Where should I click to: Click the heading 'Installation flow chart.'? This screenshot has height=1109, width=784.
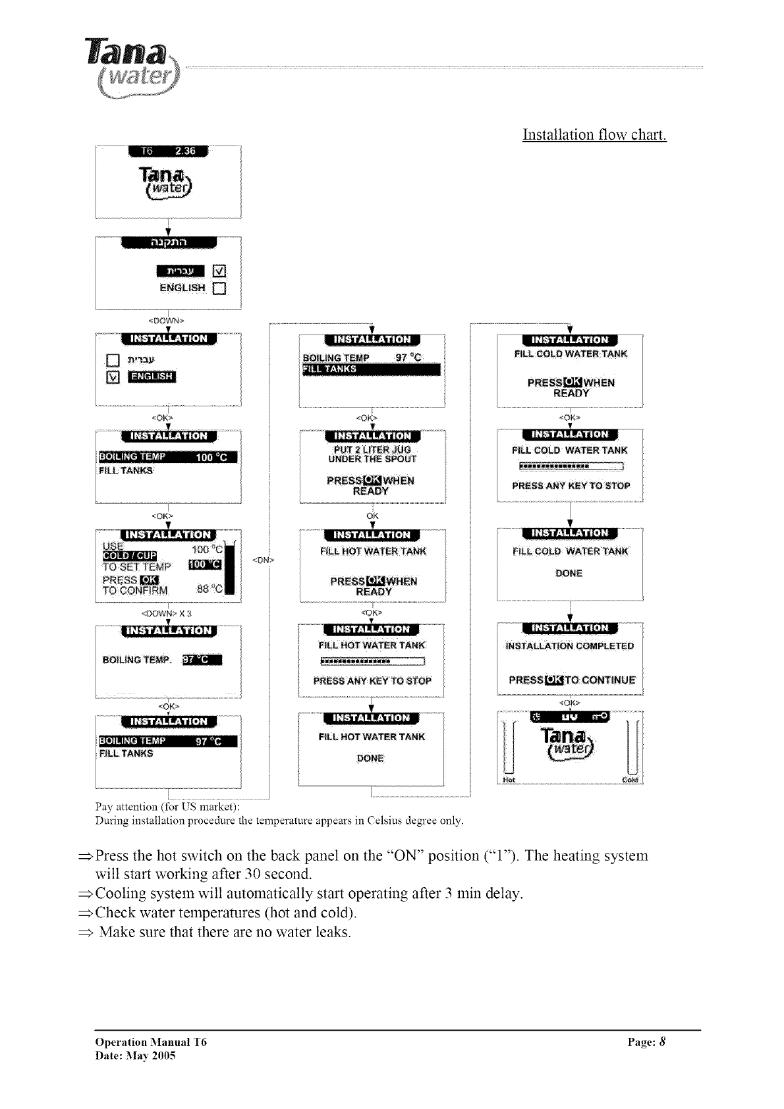coord(594,135)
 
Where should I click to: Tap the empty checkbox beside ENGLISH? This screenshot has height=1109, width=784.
coord(219,288)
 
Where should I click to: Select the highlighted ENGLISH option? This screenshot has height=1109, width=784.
coord(152,377)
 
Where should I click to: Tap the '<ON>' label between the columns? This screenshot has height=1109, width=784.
coord(263,560)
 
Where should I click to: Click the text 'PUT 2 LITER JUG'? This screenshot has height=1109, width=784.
coord(372,450)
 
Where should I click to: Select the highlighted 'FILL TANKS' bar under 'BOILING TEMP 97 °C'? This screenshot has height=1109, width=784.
coord(370,369)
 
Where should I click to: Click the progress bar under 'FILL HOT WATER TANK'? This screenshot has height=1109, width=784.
coord(372,662)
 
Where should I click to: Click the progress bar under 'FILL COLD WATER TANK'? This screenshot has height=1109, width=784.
coord(571,468)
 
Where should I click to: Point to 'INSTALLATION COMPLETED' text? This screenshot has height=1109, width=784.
coord(569,646)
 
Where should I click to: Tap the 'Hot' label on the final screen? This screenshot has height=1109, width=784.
coord(508,780)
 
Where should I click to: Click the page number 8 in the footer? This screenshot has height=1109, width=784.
coord(663,1042)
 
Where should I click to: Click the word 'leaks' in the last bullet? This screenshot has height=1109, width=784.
coord(331,932)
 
